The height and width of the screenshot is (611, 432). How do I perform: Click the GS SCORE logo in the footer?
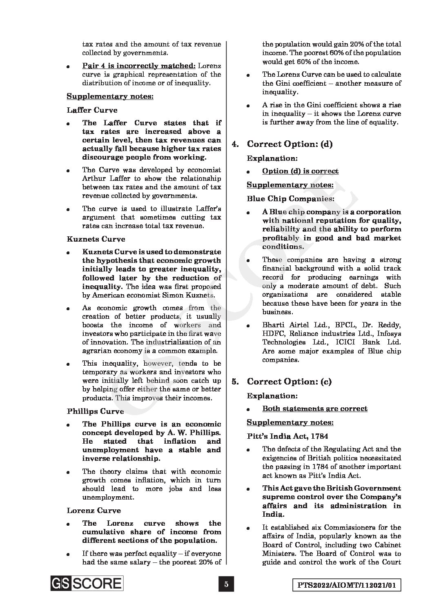[87, 583]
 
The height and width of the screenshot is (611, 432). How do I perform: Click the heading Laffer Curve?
[92, 110]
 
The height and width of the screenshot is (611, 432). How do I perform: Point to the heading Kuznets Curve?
[96, 239]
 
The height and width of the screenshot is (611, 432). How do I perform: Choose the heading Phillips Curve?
[95, 411]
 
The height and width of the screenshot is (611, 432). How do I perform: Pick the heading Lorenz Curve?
[94, 511]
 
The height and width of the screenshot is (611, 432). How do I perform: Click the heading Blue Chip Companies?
[291, 199]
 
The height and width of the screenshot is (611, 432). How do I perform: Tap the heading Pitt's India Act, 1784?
[287, 436]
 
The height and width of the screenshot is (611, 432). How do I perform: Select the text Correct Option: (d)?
[289, 144]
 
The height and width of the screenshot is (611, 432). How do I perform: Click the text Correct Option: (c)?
[289, 382]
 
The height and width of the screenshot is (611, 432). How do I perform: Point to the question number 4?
[235, 144]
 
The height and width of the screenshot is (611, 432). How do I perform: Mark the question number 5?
[235, 382]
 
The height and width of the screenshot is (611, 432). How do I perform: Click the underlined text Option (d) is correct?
[300, 171]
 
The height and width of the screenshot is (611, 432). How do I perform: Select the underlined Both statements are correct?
[315, 409]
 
